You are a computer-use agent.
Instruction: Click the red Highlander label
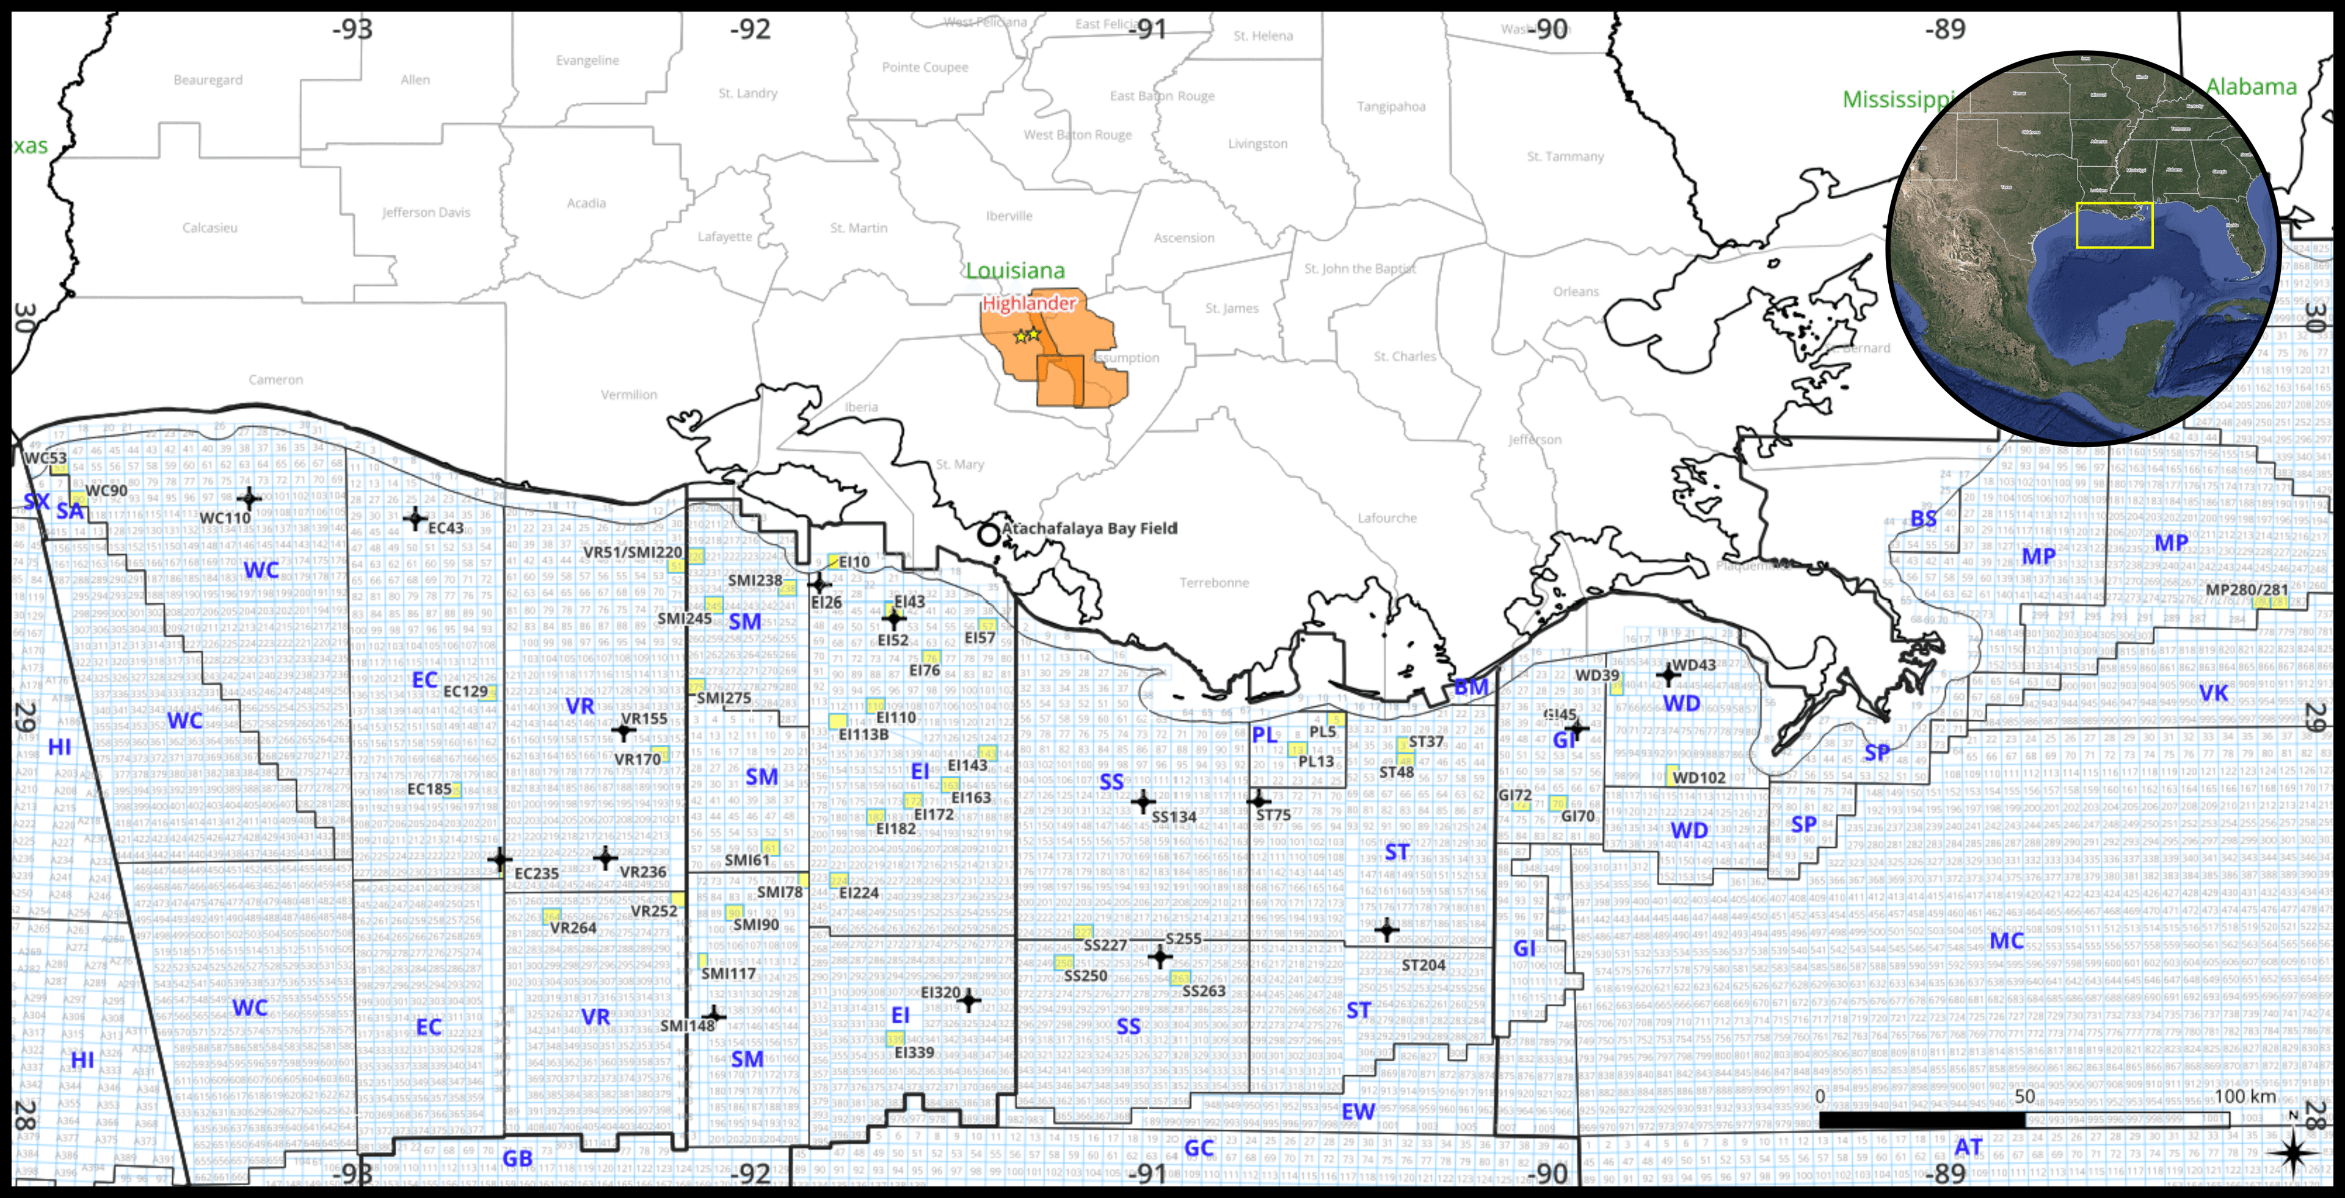point(1028,303)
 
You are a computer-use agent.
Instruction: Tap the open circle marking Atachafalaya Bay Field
point(989,535)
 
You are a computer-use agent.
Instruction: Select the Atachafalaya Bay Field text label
point(1089,528)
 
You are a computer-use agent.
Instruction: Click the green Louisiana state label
point(1015,271)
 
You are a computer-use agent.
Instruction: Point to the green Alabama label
point(2250,87)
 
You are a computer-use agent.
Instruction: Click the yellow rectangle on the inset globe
point(2114,225)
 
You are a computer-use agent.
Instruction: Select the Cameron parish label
point(276,379)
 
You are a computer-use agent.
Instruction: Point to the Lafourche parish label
point(1386,518)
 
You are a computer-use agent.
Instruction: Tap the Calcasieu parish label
point(209,228)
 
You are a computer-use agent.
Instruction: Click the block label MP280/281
point(2247,590)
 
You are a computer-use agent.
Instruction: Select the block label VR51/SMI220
point(633,552)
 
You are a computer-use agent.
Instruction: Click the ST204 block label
point(1423,965)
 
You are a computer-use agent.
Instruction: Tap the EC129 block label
point(465,692)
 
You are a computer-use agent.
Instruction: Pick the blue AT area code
point(1968,1147)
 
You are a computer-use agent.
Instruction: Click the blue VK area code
point(2213,693)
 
